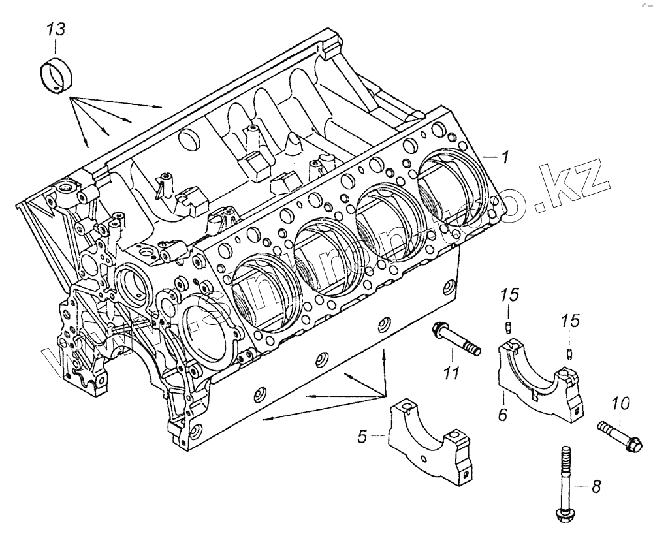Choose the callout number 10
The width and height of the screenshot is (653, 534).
tap(620, 404)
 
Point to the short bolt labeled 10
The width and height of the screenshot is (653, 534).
tap(620, 437)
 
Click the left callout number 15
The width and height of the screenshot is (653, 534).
tap(511, 295)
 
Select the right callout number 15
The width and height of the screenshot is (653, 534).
tap(571, 321)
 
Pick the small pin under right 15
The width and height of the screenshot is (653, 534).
tap(571, 354)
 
